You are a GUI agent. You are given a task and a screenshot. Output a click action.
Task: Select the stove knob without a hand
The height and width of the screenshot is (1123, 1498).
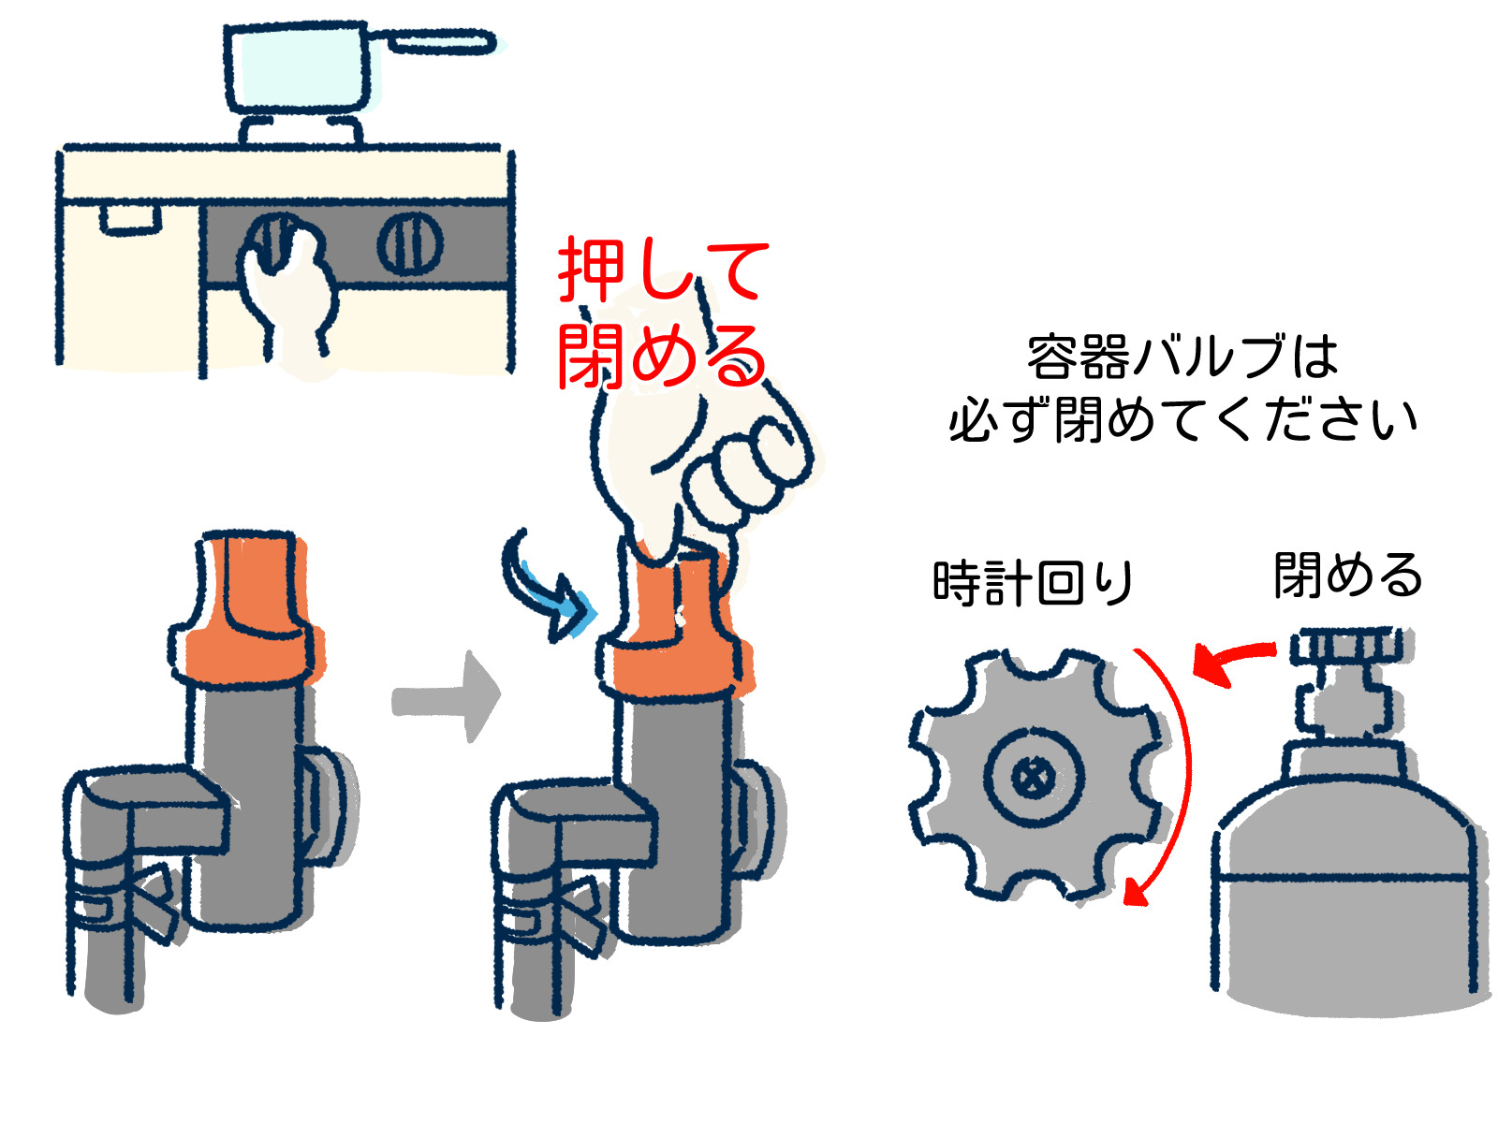pyautogui.click(x=410, y=243)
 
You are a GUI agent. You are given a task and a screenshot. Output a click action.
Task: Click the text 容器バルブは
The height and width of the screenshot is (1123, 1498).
pyautogui.click(x=1182, y=357)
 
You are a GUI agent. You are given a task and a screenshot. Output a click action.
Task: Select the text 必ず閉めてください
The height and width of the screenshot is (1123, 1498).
pyautogui.click(x=1182, y=420)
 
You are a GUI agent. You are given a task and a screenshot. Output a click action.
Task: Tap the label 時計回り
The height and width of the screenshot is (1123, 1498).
pyautogui.click(x=1033, y=583)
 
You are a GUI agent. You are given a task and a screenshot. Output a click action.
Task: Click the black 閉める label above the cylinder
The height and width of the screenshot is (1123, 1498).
pyautogui.click(x=1347, y=575)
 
